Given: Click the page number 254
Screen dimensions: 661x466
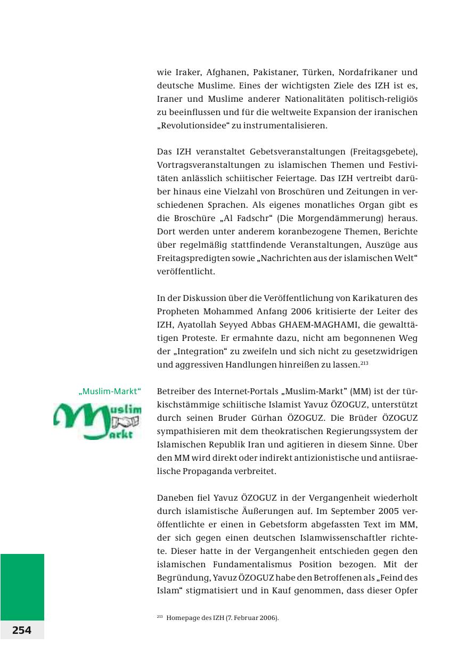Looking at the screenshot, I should tap(22, 630).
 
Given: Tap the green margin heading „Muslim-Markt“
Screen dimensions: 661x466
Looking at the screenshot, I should tap(109, 392).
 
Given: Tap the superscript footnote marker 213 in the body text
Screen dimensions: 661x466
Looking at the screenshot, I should tap(364, 364).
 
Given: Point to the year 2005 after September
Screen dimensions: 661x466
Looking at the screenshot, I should tap(383, 511).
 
